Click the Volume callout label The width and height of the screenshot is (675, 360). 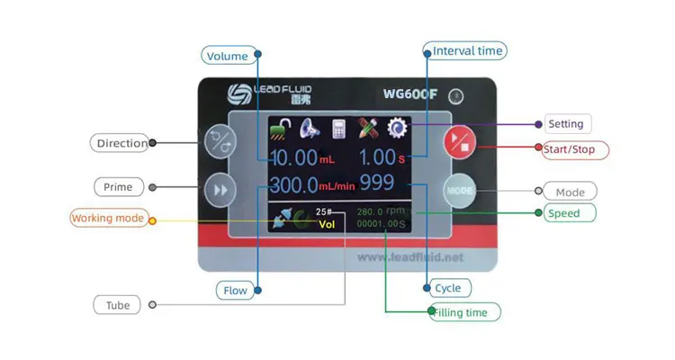pos(227,56)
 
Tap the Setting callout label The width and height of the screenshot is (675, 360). pos(566,124)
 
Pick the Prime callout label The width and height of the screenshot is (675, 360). pos(118,187)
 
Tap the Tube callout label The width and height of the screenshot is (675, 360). pos(118,305)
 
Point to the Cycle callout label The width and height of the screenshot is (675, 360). pos(447,288)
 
